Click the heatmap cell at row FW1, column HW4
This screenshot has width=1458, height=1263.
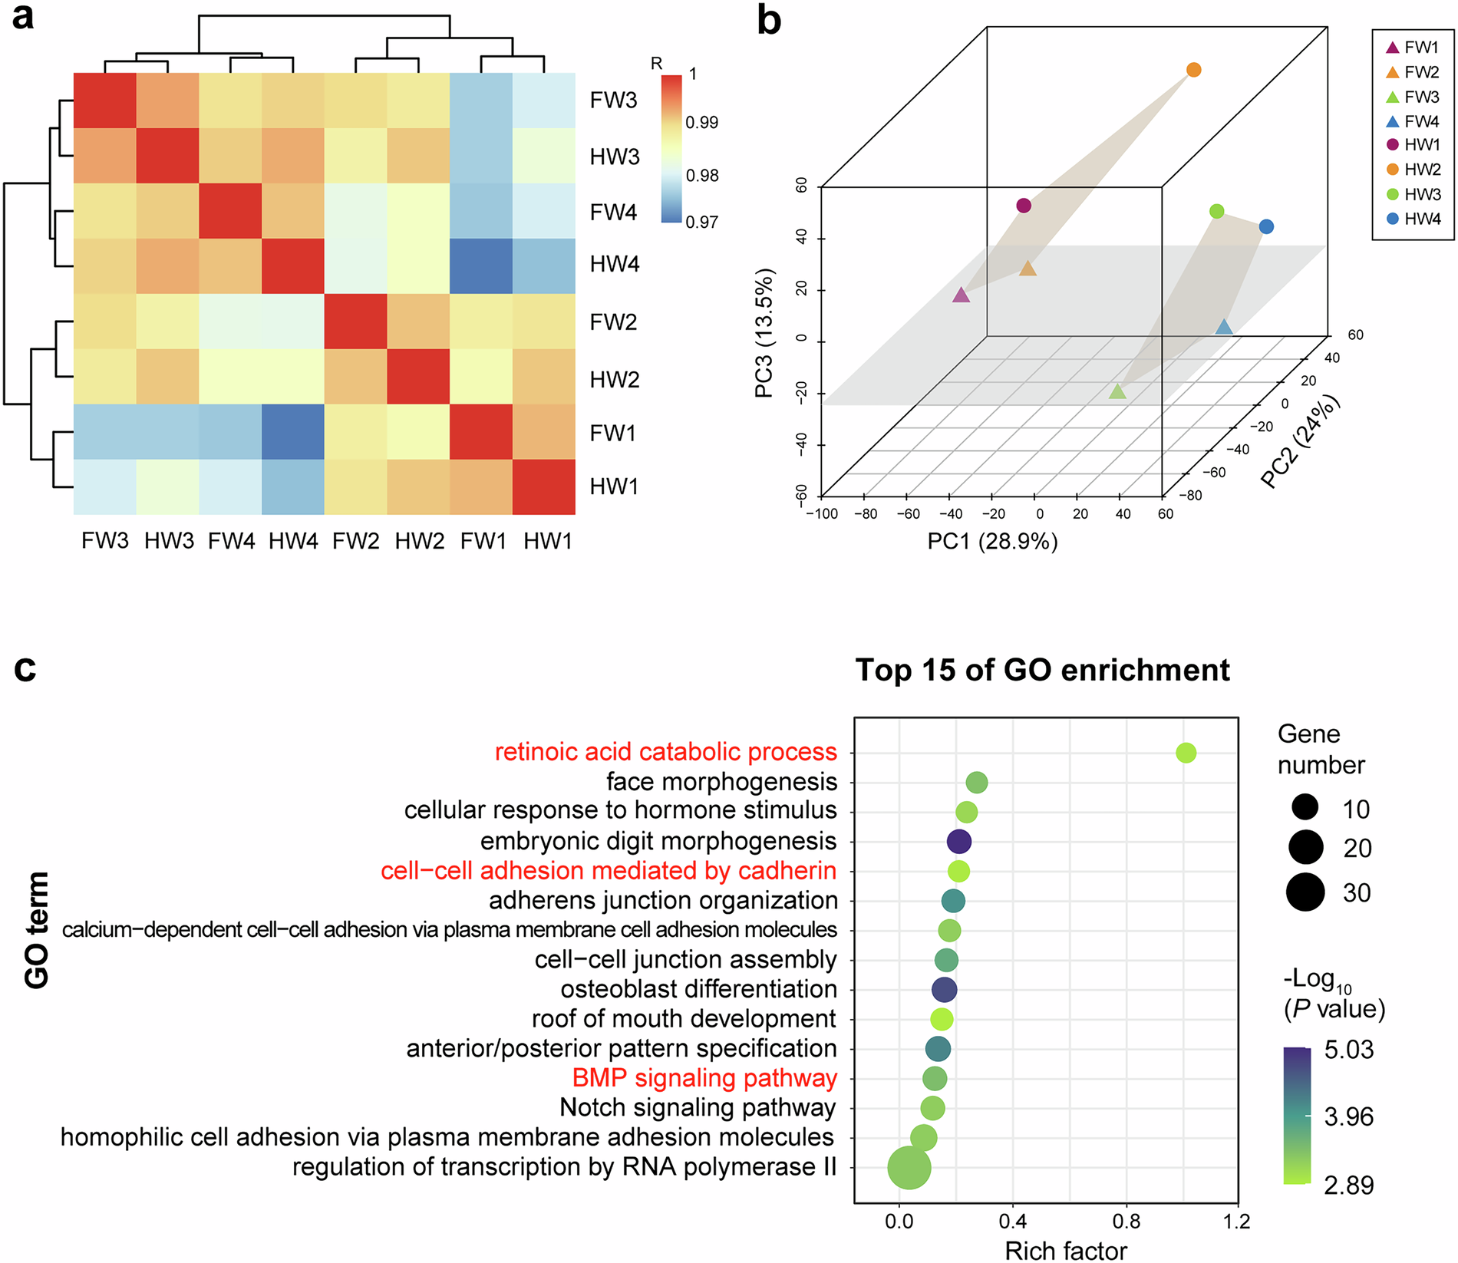click(292, 431)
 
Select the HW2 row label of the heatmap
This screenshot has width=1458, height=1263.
click(614, 379)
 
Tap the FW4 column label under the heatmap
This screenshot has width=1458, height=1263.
click(231, 541)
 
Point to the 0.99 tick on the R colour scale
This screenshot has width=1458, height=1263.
click(701, 123)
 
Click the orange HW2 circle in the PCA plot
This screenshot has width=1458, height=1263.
click(1193, 70)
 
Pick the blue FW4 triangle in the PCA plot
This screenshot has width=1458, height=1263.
click(1223, 328)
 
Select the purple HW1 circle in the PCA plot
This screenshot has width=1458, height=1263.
click(1023, 205)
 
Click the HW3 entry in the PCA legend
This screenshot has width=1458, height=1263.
click(1413, 194)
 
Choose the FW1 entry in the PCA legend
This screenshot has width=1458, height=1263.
click(1413, 48)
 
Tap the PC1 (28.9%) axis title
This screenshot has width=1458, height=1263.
click(991, 542)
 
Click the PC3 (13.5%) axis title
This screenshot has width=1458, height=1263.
click(764, 333)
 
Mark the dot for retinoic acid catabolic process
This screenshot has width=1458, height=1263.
click(1186, 753)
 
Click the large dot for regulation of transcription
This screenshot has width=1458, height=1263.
click(909, 1168)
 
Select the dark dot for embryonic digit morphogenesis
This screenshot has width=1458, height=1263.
click(958, 842)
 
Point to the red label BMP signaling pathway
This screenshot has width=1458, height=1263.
click(704, 1078)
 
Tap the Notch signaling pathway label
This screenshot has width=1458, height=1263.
click(697, 1107)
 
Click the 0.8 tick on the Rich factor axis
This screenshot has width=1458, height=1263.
click(1126, 1221)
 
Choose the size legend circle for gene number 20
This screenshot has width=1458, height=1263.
click(1305, 847)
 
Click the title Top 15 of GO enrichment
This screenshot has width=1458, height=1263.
click(1042, 670)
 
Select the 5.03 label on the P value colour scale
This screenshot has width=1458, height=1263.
click(1348, 1050)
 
